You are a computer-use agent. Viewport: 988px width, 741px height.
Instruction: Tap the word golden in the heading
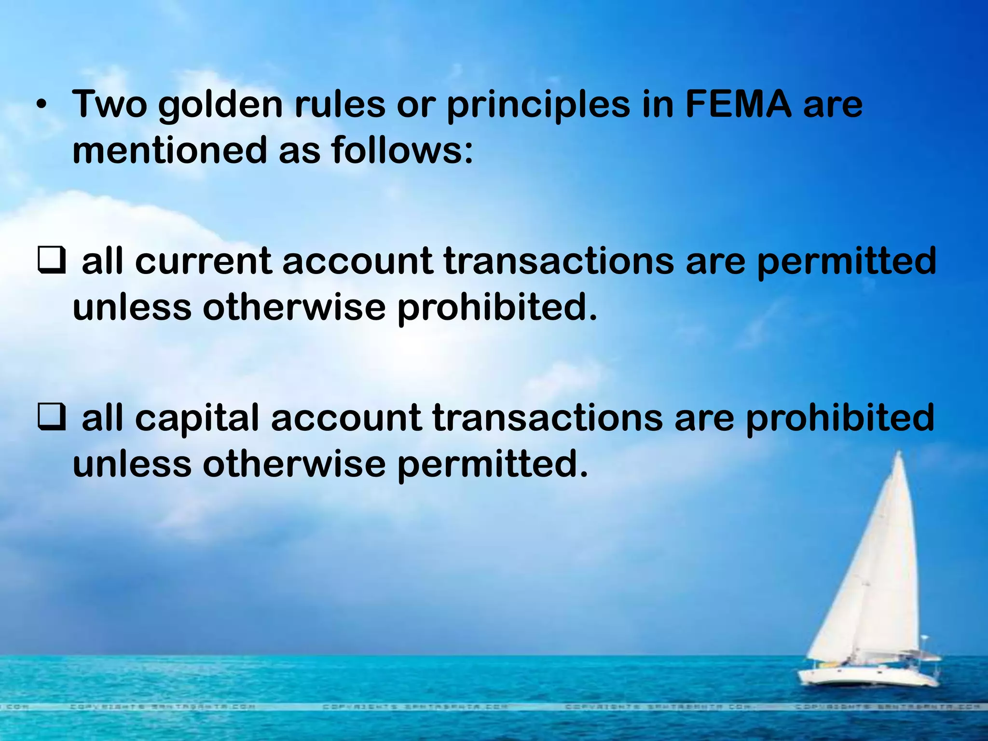tap(220, 105)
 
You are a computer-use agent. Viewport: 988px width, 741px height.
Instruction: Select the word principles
tap(538, 105)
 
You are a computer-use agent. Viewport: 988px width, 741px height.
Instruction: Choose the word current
tap(203, 261)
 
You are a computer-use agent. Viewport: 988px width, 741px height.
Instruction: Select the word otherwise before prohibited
tap(294, 308)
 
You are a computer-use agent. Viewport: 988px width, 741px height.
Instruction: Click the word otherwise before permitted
tap(294, 464)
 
